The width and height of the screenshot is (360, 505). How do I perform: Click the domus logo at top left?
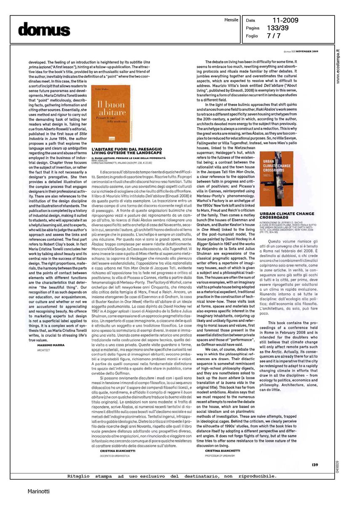tap(44, 29)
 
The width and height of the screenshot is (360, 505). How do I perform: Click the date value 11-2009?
tap(280, 20)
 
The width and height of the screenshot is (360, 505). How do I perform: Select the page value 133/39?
tap(278, 28)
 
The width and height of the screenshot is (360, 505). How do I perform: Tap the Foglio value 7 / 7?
tap(274, 36)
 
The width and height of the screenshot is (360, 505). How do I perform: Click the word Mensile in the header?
tap(231, 20)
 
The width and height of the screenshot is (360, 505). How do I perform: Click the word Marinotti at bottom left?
tap(38, 491)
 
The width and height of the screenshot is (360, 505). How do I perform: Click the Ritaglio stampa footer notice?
tap(172, 476)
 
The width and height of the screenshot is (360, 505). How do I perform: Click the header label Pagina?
tap(252, 28)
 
